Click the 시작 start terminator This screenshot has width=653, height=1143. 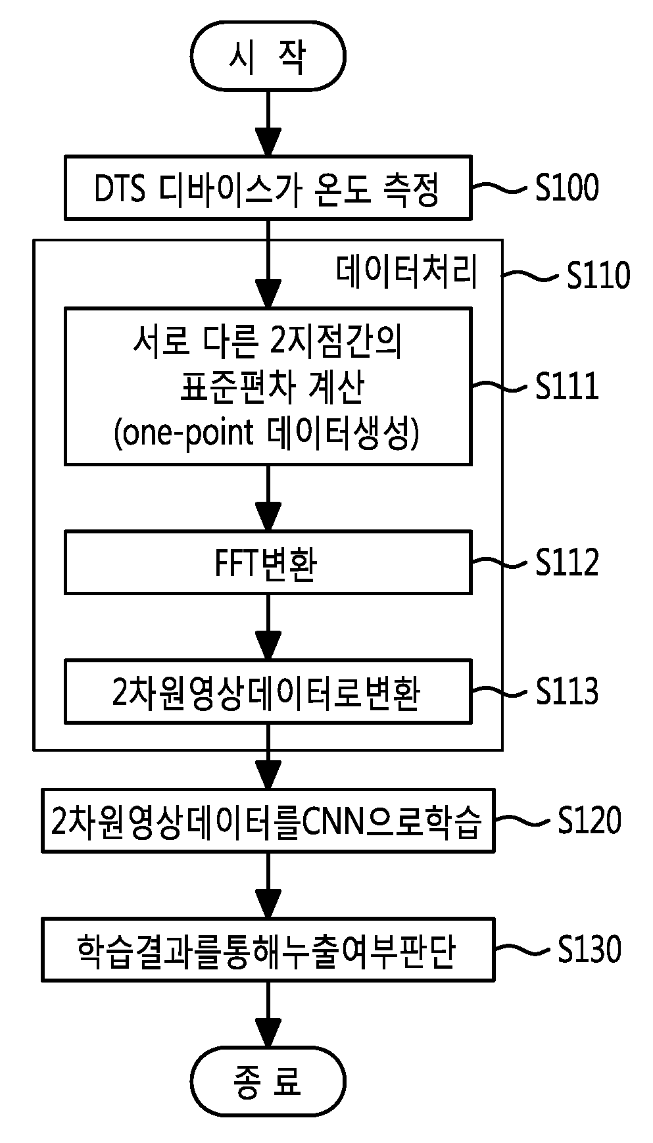click(x=268, y=56)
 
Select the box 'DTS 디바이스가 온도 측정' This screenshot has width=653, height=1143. click(x=268, y=187)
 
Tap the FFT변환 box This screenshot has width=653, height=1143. click(x=268, y=562)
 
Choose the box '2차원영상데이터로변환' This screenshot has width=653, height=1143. click(x=268, y=692)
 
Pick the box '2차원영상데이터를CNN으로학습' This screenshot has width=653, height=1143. click(x=268, y=820)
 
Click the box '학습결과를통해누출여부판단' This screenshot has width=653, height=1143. click(x=268, y=950)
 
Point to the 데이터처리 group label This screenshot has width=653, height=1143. click(x=407, y=272)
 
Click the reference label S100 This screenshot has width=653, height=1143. click(x=567, y=188)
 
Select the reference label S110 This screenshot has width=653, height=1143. click(x=598, y=275)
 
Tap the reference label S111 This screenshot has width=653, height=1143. click(x=567, y=386)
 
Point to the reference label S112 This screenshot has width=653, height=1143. click(x=567, y=563)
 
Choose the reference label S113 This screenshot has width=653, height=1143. click(x=567, y=692)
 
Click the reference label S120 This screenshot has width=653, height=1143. click(x=589, y=821)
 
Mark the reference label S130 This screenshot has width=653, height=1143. click(x=589, y=950)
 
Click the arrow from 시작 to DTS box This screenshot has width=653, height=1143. click(x=268, y=123)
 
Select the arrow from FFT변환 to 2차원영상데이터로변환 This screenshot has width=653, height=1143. click(x=268, y=627)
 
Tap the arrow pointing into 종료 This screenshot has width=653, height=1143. click(x=268, y=1014)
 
